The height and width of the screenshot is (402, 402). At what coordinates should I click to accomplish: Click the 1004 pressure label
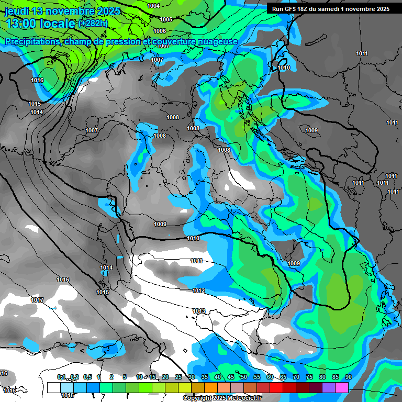point(153,6)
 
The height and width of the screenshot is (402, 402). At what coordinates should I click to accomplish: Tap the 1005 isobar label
point(166,19)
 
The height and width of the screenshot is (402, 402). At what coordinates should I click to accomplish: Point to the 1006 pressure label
point(160,31)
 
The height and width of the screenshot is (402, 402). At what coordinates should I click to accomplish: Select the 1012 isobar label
point(198,291)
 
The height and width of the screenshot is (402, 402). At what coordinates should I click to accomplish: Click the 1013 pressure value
point(198,311)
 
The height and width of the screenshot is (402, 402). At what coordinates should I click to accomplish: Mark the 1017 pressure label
point(37,300)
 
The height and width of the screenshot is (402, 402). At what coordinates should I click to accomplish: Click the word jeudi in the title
point(16,11)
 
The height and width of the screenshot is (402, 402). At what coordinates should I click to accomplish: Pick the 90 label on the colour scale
point(348,377)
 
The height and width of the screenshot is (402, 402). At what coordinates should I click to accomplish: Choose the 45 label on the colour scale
point(231,377)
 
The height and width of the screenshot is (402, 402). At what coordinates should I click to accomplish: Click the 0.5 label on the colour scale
point(87,377)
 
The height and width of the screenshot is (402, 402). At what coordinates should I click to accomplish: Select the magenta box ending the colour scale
point(342,387)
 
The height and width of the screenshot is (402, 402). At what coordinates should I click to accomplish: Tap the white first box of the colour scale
point(53,387)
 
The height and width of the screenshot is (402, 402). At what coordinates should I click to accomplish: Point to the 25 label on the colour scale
point(178,377)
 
